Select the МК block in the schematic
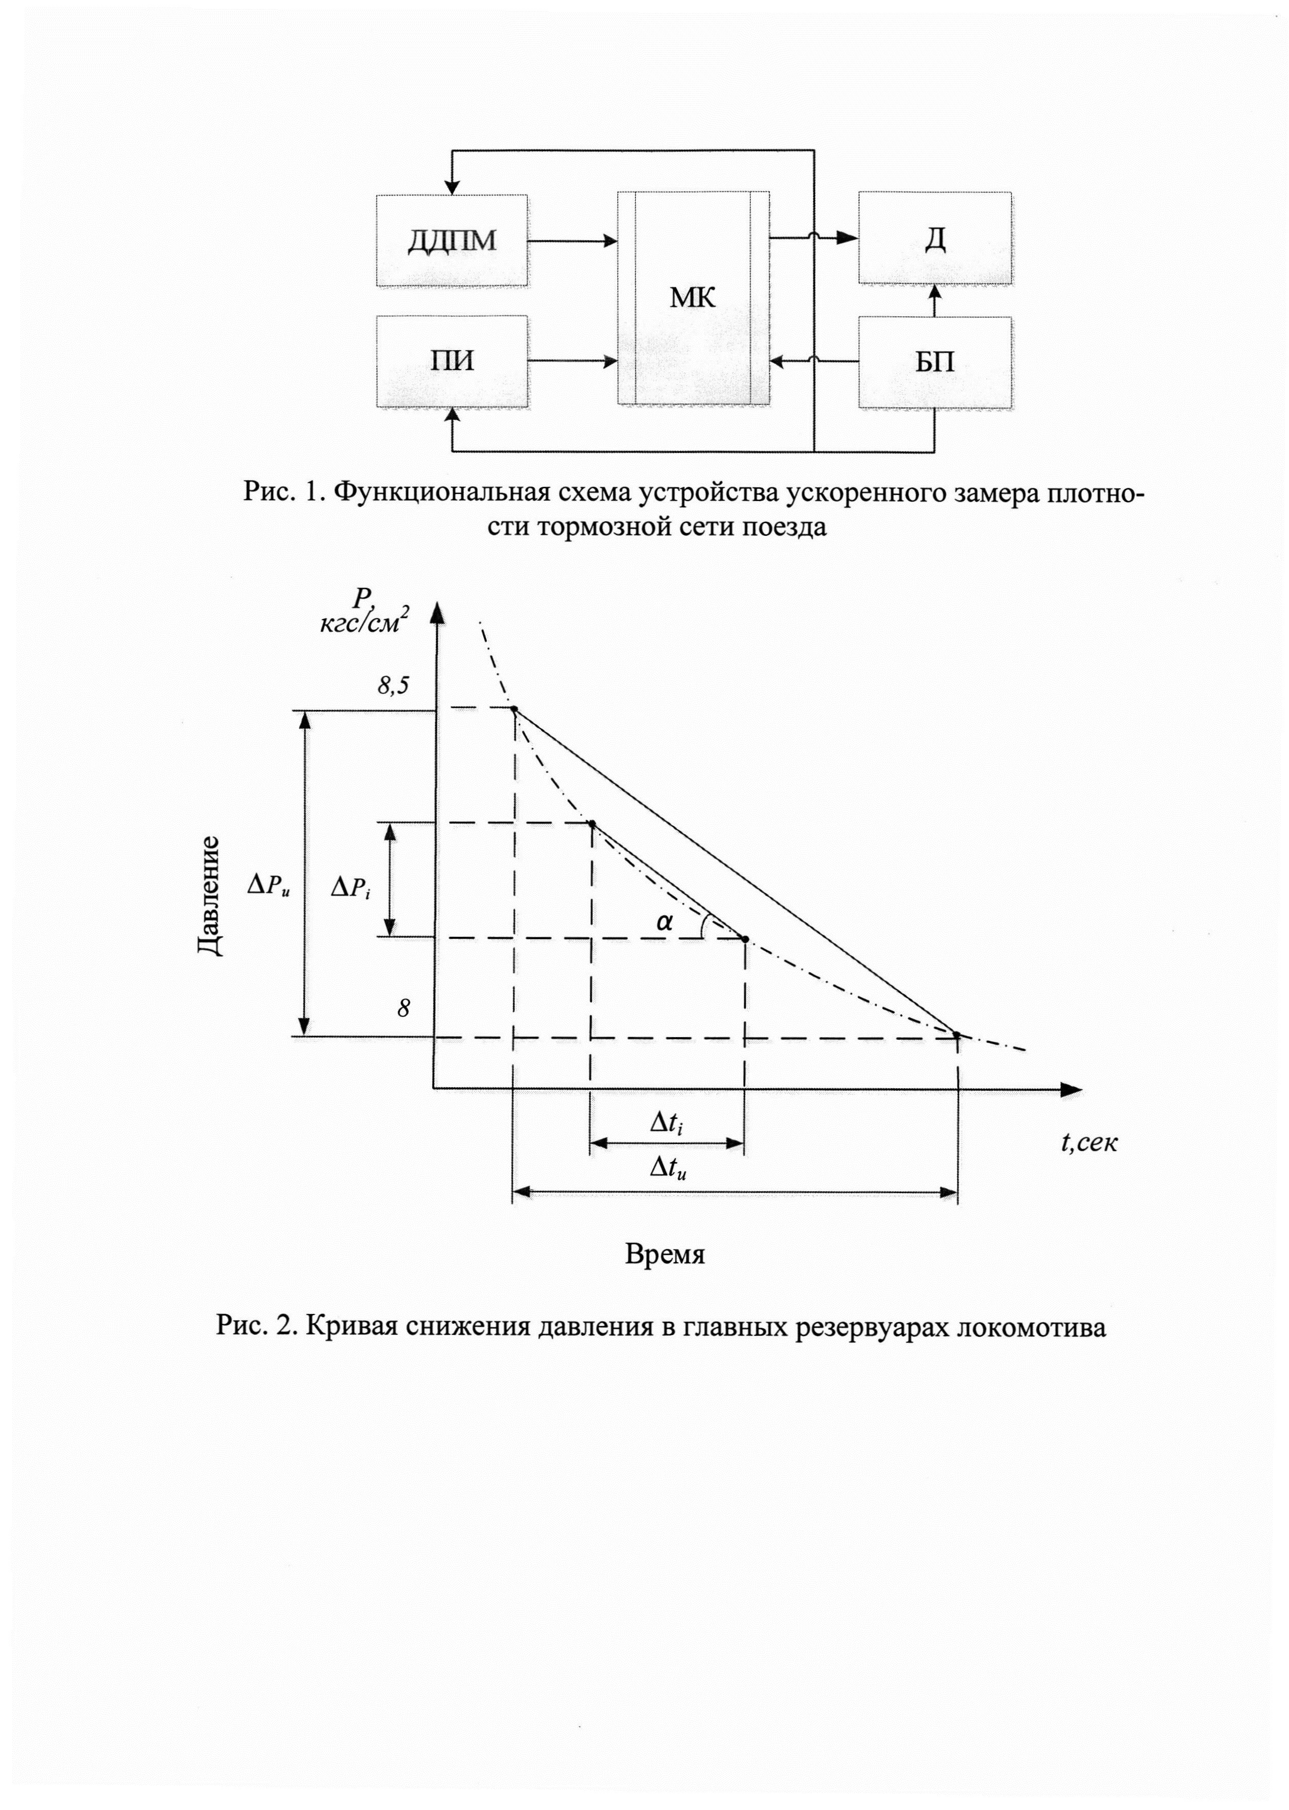(x=693, y=298)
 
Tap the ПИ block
(x=452, y=361)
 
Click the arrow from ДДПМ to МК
(x=572, y=240)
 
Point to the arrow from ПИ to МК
(x=572, y=361)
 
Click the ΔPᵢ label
(x=350, y=889)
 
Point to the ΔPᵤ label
(x=268, y=887)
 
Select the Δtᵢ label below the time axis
(x=666, y=1122)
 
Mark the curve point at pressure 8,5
(x=514, y=708)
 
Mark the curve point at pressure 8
(x=957, y=1036)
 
